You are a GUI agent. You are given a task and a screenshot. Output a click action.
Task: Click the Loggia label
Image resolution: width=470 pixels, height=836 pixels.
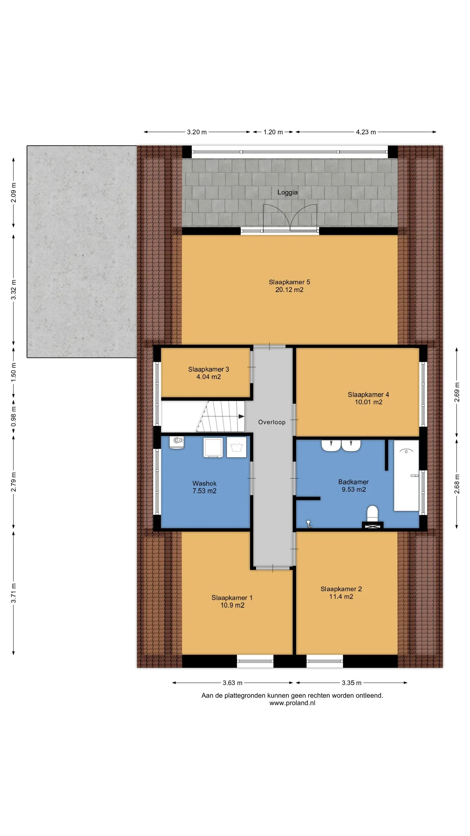tap(287, 192)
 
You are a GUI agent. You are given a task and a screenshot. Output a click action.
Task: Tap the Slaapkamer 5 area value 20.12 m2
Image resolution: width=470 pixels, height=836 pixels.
tap(289, 290)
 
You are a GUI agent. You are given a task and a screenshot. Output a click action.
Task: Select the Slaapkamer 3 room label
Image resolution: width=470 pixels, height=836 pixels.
tap(209, 369)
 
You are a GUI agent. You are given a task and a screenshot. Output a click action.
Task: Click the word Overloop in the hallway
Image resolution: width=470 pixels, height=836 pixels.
tap(272, 422)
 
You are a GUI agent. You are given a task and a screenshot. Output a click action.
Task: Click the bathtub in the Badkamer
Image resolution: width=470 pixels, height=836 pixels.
tap(406, 475)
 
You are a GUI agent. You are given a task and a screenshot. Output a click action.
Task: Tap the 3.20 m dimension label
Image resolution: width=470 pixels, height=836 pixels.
tap(197, 132)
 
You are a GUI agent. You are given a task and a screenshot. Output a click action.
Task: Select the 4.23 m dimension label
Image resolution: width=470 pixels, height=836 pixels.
tap(366, 132)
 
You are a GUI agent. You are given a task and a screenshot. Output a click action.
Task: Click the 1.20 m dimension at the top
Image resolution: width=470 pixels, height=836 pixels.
tap(273, 132)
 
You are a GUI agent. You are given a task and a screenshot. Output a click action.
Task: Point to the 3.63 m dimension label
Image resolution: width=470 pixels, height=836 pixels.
tap(232, 683)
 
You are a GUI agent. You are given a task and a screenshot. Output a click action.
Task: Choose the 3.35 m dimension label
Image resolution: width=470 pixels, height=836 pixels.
tap(352, 683)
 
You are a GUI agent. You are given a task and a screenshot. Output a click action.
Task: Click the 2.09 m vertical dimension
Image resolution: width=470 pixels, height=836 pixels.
tap(14, 192)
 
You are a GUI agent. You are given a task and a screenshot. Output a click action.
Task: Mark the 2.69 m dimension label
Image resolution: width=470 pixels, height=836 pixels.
tap(457, 392)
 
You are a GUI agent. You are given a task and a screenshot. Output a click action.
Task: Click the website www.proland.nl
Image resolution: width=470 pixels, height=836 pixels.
tap(292, 703)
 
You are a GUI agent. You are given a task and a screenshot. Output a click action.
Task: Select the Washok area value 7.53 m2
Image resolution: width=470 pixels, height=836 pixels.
tap(204, 491)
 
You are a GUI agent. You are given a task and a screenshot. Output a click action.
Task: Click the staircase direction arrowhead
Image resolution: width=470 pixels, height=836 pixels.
tap(242, 416)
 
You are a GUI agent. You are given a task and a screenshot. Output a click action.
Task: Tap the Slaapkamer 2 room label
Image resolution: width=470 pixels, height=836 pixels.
tap(341, 589)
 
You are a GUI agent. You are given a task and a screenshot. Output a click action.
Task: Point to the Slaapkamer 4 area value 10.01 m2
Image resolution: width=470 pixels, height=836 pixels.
tap(368, 402)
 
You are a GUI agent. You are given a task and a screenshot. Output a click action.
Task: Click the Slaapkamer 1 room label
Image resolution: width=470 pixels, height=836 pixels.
tap(232, 598)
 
